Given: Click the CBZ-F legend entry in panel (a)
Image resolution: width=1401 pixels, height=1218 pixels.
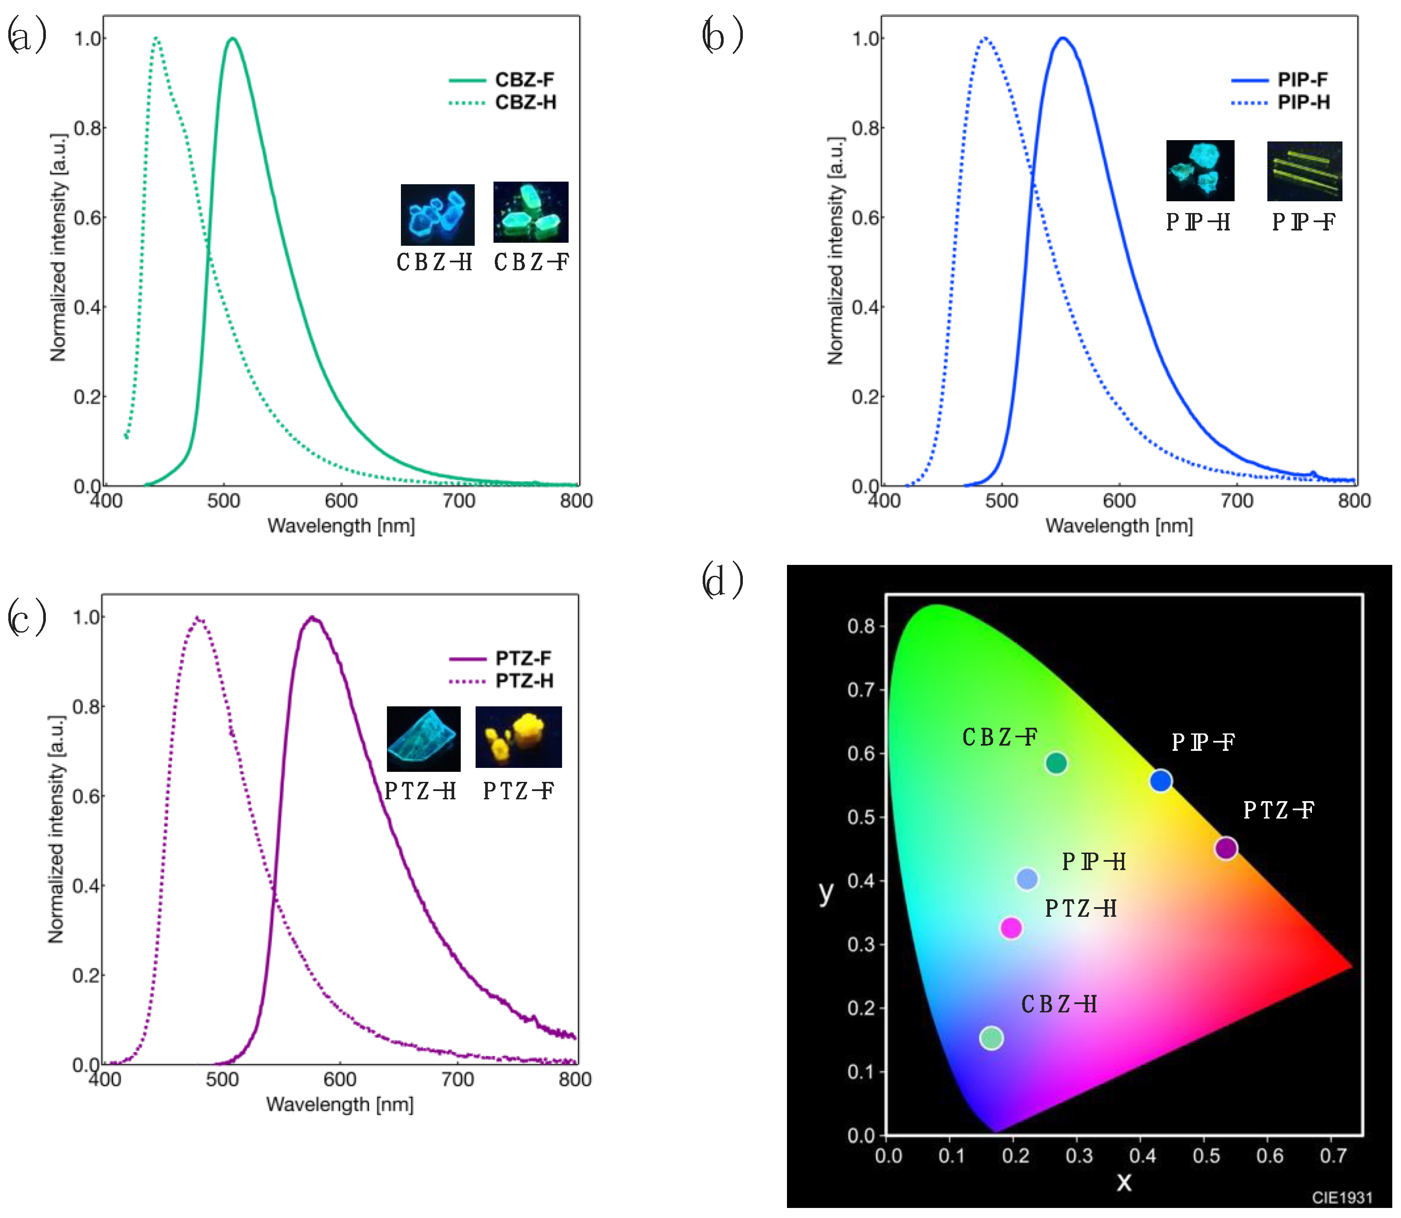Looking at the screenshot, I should click(x=524, y=79).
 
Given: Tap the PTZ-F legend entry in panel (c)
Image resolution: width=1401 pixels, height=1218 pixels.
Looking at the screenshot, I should click(x=523, y=658).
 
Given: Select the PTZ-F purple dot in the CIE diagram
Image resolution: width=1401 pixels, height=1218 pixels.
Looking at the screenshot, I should click(x=1225, y=847).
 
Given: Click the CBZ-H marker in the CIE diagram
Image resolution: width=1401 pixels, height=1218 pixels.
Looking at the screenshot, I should click(x=991, y=1038).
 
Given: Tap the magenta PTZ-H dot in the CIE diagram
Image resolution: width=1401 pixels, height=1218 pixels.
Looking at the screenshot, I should click(x=1011, y=927).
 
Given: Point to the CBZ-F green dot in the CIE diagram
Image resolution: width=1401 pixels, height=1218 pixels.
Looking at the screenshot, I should click(x=1056, y=763).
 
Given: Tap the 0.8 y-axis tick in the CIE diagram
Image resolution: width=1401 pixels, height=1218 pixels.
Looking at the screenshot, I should click(x=861, y=626).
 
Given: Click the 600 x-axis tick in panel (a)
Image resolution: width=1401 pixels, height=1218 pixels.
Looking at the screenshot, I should click(x=341, y=501).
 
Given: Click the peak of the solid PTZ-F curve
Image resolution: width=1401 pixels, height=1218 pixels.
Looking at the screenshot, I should click(x=312, y=618).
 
